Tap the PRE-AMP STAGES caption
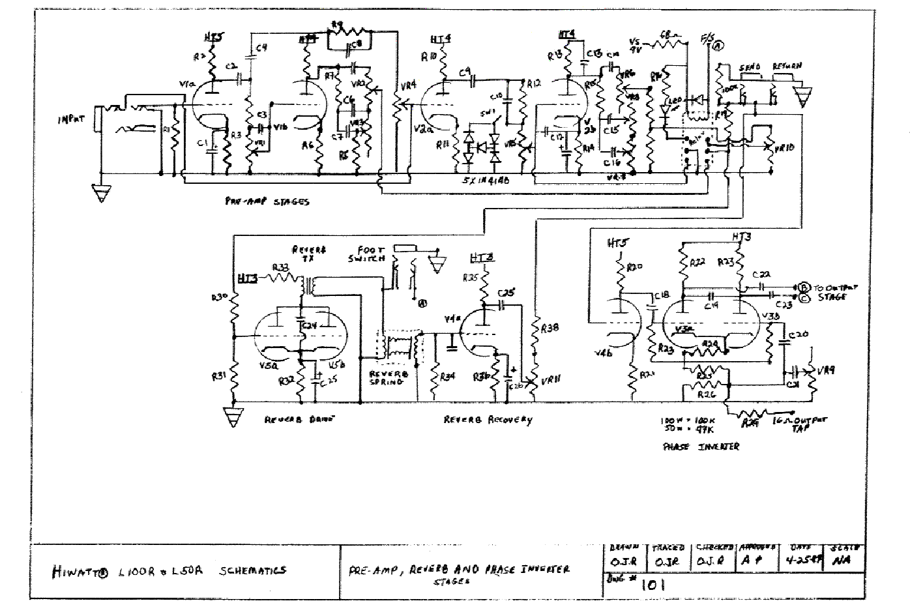[265, 201]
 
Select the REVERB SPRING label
[389, 377]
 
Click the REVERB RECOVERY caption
[488, 420]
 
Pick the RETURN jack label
[787, 66]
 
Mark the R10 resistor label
[429, 57]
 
